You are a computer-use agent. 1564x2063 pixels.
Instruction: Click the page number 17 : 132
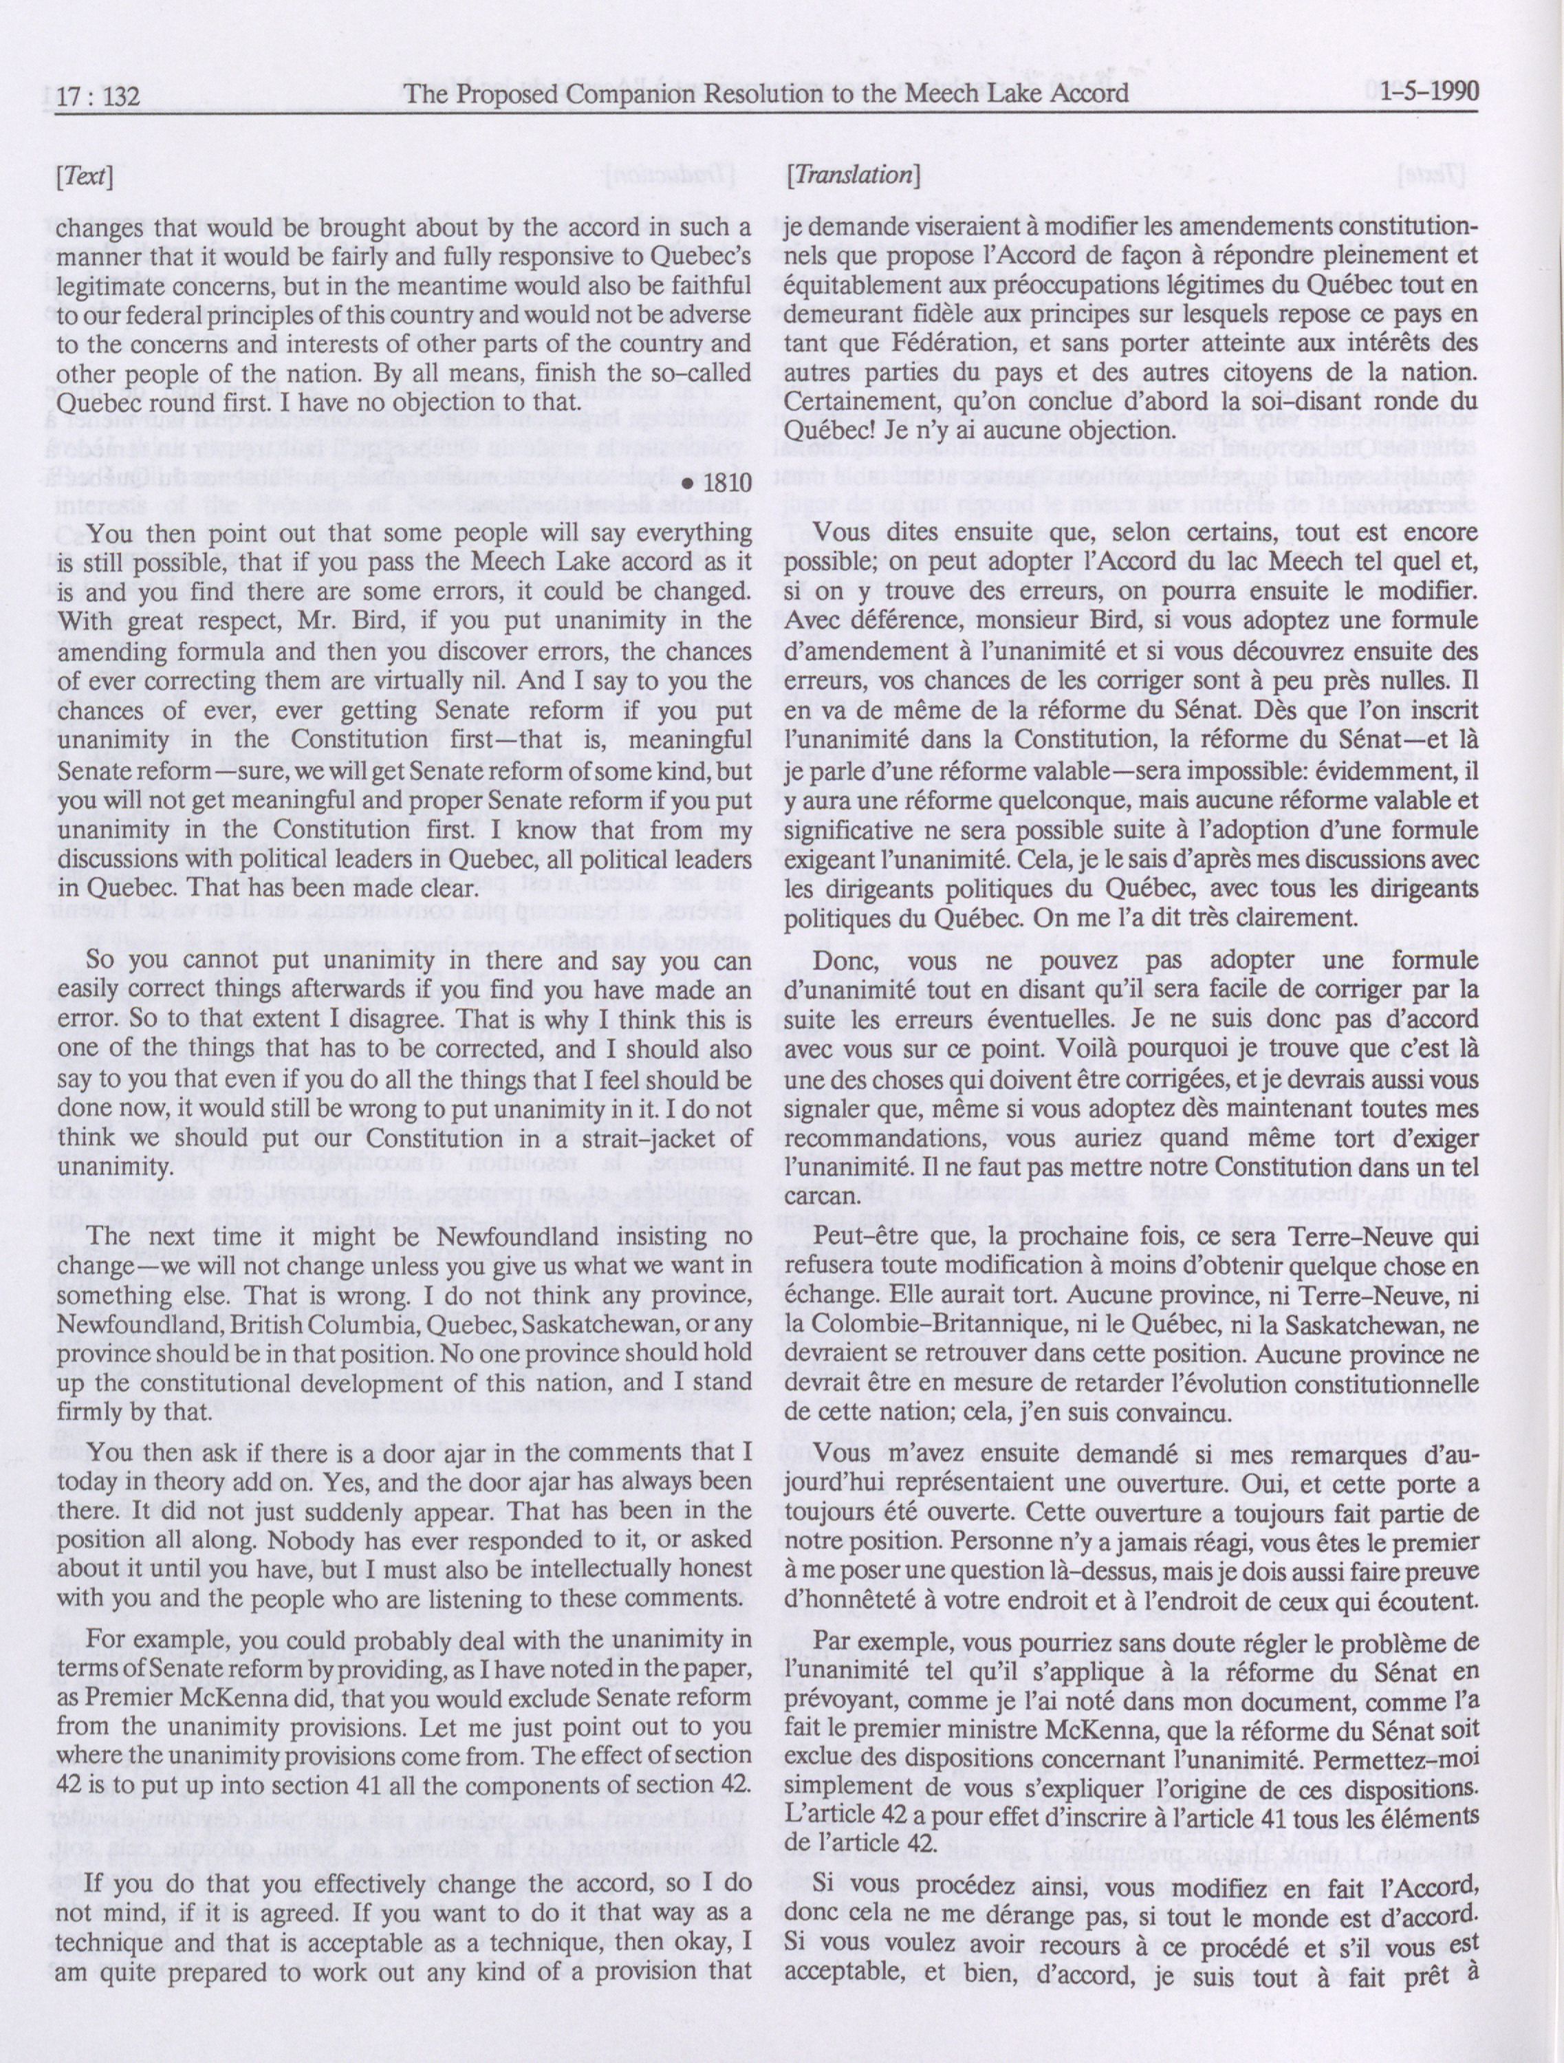tap(97, 94)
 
